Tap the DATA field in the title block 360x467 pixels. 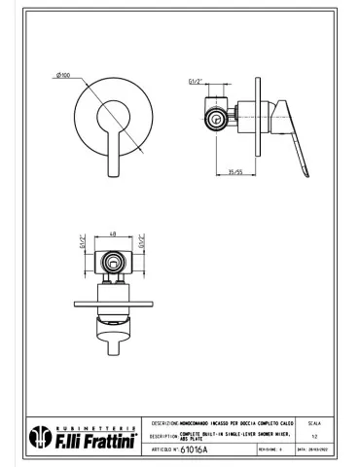point(317,451)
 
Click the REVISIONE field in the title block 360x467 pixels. point(273,451)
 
